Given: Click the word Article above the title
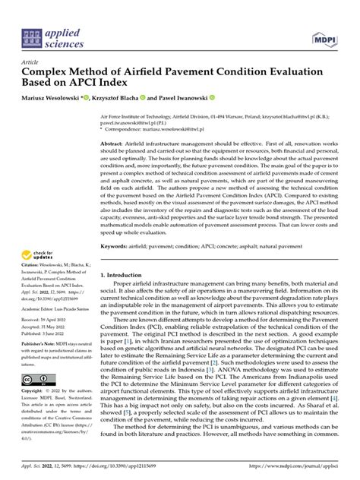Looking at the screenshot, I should [30, 63].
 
